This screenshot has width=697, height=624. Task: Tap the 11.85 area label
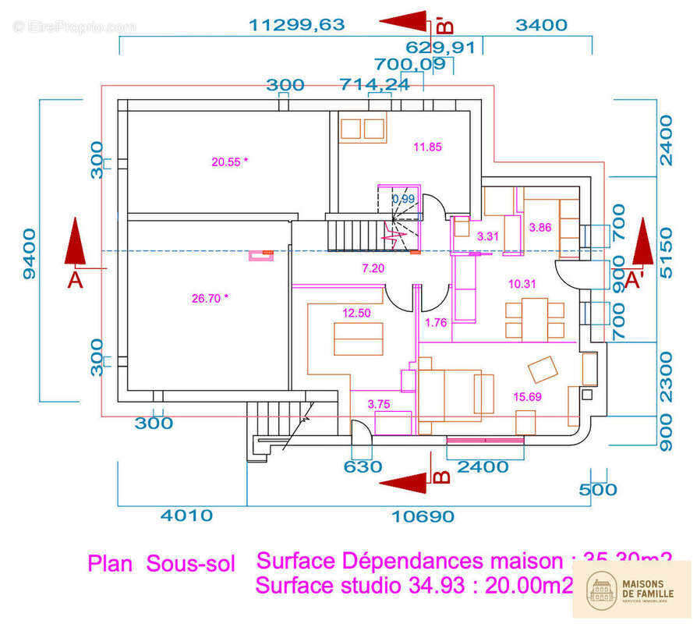pos(427,147)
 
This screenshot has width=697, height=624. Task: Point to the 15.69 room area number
pos(527,397)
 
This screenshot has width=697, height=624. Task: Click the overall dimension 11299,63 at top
pos(296,25)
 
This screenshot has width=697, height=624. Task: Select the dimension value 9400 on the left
pos(29,253)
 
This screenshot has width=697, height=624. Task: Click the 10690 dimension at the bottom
pos(423,516)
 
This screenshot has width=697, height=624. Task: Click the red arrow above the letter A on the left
pos(76,244)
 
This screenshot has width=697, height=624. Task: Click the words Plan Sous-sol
pos(161,564)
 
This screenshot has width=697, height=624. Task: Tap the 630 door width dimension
pos(363,466)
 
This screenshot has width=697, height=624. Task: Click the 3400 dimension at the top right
pos(541,25)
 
